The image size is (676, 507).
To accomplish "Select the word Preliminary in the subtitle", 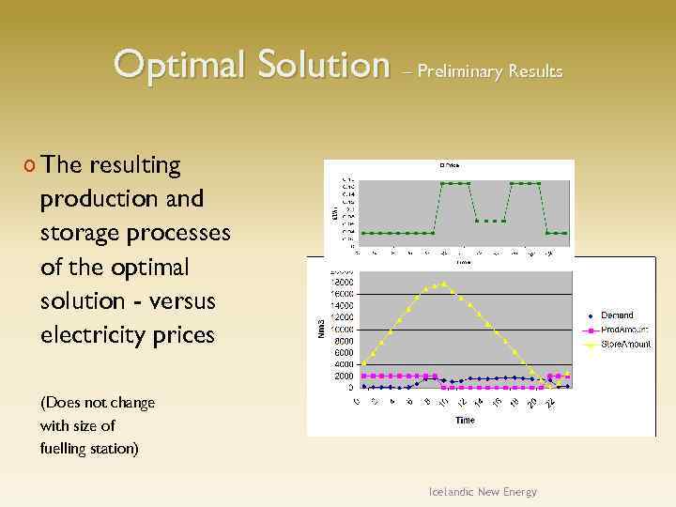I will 460,71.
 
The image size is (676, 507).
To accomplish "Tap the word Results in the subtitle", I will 535,71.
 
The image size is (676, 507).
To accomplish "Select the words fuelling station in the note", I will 89,448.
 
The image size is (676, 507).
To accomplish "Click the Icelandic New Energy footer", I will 484,492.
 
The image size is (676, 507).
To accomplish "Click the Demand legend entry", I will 617,315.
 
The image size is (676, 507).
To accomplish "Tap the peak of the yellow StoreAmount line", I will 444,284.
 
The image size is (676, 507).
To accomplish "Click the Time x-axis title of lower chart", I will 465,421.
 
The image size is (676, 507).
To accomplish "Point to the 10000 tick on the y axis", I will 341,330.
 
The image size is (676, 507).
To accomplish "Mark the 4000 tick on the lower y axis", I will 344,364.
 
